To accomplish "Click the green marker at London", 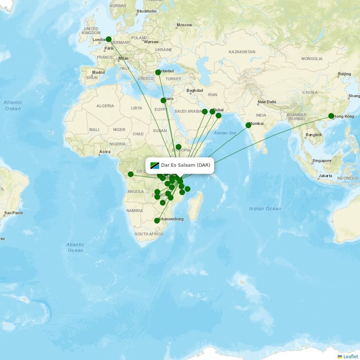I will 108,39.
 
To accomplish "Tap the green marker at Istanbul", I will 158,72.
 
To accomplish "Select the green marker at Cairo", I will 163,100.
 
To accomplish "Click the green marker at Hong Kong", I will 331,116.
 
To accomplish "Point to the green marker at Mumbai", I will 248,125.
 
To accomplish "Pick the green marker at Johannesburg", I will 157,220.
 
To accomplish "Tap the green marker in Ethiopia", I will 179,147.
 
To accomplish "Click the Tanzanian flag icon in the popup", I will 155,166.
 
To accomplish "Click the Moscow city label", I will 184,25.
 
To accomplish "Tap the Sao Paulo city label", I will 13,212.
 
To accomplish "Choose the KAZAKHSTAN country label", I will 242,52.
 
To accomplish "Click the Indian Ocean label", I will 265,208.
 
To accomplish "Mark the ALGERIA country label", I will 105,106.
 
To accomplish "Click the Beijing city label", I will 344,74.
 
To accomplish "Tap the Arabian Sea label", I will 225,133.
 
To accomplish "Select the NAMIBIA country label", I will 135,210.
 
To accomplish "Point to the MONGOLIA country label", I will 312,58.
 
